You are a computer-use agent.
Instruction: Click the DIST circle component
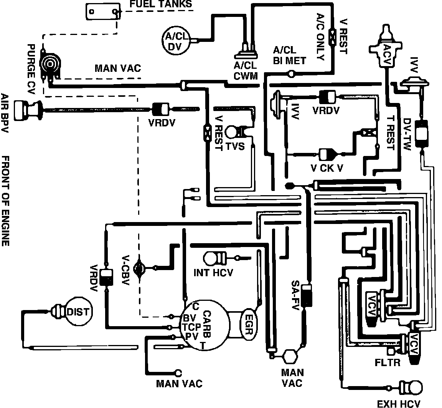78,312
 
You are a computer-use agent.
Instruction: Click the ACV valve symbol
386,49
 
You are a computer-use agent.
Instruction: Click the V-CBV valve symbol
139,268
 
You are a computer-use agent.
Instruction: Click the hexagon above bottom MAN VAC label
288,355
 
